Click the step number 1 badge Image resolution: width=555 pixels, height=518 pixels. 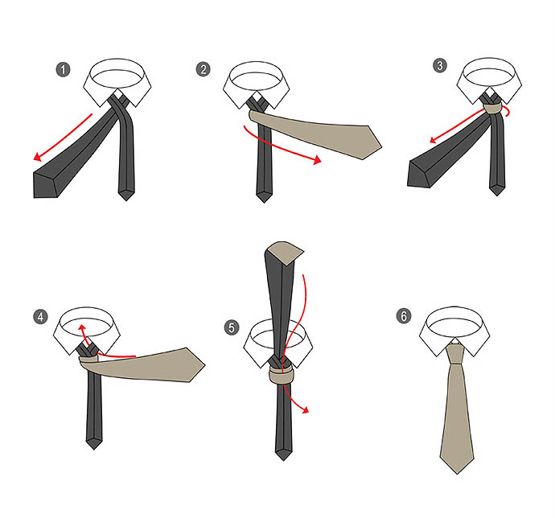click(x=64, y=69)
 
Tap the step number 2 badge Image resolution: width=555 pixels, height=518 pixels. click(x=203, y=69)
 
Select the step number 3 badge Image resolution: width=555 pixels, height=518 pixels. click(x=440, y=65)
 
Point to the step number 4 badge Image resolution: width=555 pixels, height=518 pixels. click(x=41, y=317)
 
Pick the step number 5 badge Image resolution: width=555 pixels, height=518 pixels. click(x=232, y=327)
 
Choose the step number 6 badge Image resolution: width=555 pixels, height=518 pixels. click(x=404, y=316)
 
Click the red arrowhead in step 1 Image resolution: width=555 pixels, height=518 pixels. click(x=38, y=157)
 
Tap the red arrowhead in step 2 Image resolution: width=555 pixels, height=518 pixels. click(x=317, y=160)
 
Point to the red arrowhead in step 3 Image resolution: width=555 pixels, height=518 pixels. click(x=434, y=140)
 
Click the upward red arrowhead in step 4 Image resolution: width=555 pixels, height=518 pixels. click(x=82, y=327)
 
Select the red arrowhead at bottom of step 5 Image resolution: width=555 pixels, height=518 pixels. click(x=306, y=409)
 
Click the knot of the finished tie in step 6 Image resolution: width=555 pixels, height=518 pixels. click(x=454, y=354)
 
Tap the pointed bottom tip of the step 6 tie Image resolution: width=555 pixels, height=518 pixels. click(x=457, y=474)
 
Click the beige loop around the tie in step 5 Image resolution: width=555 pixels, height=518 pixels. click(x=282, y=376)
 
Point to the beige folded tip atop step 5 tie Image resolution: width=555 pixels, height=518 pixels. click(x=286, y=253)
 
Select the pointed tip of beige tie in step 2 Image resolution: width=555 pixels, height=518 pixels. click(x=381, y=145)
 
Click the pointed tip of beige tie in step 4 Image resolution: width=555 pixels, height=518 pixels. click(x=204, y=364)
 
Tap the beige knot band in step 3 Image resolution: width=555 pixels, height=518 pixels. click(x=493, y=109)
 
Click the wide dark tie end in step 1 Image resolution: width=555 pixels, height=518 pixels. click(x=45, y=185)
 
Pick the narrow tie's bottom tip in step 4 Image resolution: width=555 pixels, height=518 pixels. click(x=94, y=450)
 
